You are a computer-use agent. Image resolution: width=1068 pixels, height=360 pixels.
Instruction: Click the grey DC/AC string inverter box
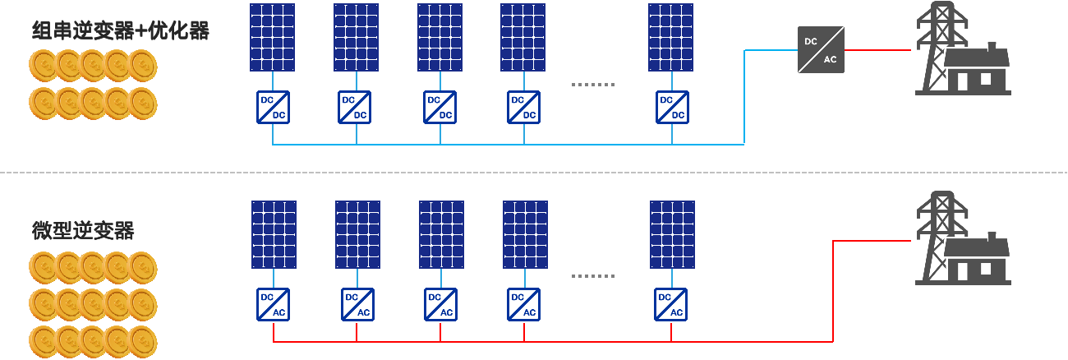[x=821, y=49]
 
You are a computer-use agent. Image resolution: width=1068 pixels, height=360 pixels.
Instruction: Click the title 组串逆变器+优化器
[x=120, y=32]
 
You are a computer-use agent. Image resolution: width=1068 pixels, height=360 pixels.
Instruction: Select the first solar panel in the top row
[x=273, y=37]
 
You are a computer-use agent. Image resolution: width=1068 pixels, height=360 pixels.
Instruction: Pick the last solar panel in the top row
[x=670, y=37]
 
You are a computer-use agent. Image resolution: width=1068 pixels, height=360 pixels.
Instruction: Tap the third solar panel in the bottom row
[x=441, y=234]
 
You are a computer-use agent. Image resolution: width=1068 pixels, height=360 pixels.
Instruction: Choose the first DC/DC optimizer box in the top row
[x=273, y=107]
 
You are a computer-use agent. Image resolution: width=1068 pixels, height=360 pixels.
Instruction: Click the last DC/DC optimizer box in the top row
[x=672, y=107]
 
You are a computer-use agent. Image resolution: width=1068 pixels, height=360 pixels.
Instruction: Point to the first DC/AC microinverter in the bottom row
[x=273, y=304]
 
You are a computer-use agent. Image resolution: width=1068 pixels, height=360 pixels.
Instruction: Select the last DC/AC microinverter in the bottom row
[x=671, y=304]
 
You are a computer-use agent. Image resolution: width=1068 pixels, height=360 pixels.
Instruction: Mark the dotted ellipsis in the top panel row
[x=592, y=85]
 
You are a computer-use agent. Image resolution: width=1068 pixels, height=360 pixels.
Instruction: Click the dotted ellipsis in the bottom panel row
[x=592, y=277]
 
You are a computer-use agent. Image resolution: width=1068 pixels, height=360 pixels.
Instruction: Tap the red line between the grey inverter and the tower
[x=877, y=50]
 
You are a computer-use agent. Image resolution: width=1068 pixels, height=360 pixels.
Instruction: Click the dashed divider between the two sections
[x=534, y=173]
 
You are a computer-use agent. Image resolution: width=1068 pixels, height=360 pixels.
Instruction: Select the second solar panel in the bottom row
[x=357, y=234]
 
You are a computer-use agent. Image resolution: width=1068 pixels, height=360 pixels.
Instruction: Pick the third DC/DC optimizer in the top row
[x=440, y=107]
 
